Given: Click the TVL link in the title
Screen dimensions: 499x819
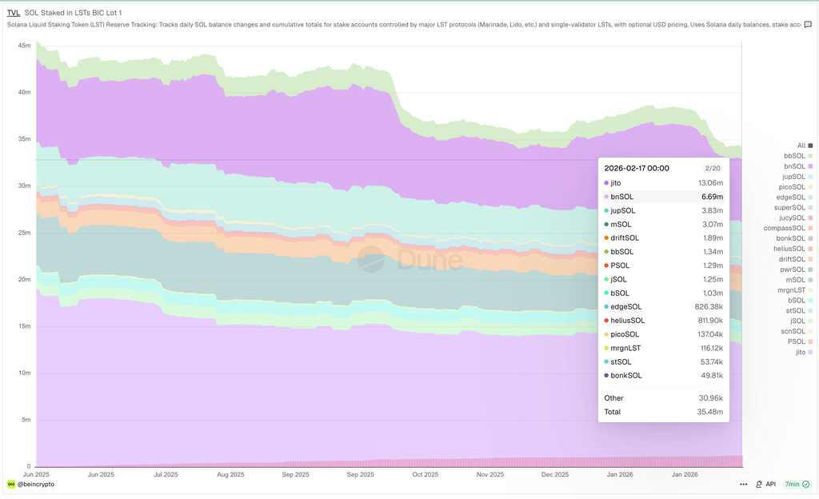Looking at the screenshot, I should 14,13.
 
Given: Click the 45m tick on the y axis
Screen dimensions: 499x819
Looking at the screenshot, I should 24,45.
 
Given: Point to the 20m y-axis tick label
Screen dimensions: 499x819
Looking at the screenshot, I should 24,279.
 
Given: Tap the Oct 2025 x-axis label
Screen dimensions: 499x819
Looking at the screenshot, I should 425,474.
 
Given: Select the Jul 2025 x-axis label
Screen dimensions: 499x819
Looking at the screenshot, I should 166,474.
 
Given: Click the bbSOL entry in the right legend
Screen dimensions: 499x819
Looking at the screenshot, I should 794,156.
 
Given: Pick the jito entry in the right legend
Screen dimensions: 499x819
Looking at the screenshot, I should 801,352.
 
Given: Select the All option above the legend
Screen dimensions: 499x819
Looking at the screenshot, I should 801,146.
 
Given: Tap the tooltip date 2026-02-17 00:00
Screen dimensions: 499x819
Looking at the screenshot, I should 637,169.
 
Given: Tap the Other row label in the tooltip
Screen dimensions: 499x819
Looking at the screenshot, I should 613,397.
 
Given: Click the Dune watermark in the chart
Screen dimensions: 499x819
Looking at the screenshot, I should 409,259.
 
